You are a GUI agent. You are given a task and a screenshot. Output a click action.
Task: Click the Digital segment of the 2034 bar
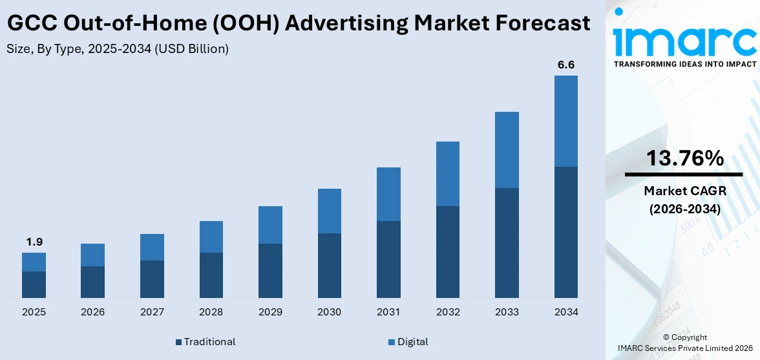565,121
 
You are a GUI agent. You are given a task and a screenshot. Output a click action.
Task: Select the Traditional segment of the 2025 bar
34,284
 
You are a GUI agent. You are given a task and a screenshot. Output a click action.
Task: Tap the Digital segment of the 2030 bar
329,211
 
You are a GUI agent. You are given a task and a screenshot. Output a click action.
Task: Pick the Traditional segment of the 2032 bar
447,251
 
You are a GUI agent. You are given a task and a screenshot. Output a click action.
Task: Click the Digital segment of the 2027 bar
152,247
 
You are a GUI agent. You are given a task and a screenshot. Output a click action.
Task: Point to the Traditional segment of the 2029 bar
270,270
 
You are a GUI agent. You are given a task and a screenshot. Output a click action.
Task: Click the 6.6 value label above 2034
566,65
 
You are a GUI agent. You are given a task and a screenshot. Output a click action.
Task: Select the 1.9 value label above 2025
34,242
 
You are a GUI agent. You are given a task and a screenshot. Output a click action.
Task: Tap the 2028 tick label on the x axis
211,312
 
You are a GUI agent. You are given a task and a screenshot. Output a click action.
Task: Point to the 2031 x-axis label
388,312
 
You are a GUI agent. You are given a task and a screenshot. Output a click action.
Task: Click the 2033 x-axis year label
507,312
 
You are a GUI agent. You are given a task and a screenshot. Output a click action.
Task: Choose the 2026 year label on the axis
92,312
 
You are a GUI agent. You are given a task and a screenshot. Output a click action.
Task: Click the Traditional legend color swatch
178,342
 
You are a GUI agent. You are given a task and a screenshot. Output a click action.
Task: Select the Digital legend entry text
412,342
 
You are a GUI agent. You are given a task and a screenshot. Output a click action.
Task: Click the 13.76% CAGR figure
684,158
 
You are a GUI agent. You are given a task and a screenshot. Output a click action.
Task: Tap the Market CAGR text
684,191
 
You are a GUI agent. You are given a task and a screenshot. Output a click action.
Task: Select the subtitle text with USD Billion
118,49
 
